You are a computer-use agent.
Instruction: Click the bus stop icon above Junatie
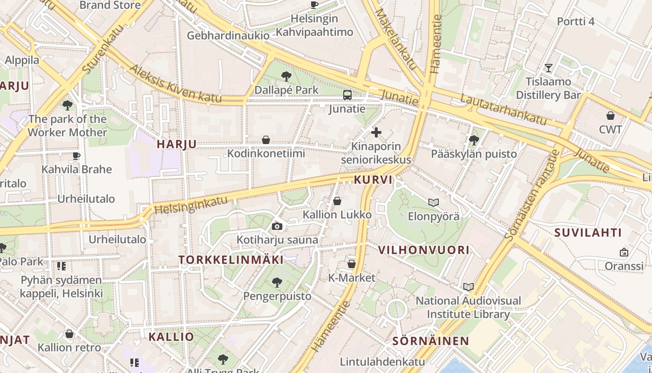pyautogui.click(x=347, y=95)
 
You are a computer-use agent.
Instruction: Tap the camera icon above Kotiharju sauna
pyautogui.click(x=277, y=226)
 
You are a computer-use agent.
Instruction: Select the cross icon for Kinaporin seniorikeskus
pyautogui.click(x=376, y=132)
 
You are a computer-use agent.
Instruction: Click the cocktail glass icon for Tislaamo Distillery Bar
pyautogui.click(x=549, y=68)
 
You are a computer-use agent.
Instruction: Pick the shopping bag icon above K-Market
pyautogui.click(x=352, y=264)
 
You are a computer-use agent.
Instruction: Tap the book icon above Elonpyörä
pyautogui.click(x=434, y=202)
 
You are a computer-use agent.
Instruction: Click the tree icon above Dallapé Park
pyautogui.click(x=286, y=76)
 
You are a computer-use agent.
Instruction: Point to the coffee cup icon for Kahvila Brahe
pyautogui.click(x=77, y=155)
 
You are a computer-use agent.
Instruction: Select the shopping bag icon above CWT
pyautogui.click(x=611, y=115)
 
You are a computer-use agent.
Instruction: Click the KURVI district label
pyautogui.click(x=373, y=180)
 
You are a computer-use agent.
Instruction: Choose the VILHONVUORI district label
pyautogui.click(x=424, y=250)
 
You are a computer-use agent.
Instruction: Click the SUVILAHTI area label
pyautogui.click(x=588, y=232)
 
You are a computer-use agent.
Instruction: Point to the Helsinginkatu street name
pyautogui.click(x=191, y=205)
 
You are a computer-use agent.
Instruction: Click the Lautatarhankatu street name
pyautogui.click(x=503, y=110)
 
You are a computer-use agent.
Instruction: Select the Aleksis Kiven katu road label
pyautogui.click(x=177, y=84)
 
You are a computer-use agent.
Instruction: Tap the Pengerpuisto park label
pyautogui.click(x=277, y=296)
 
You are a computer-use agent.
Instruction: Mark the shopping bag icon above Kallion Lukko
pyautogui.click(x=337, y=201)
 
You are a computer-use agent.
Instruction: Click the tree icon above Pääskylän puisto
pyautogui.click(x=474, y=140)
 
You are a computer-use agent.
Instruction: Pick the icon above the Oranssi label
pyautogui.click(x=624, y=252)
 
